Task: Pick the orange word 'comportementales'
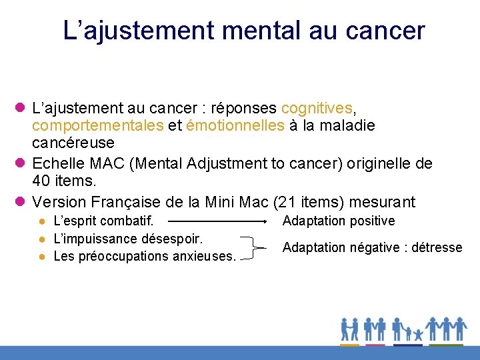(x=97, y=125)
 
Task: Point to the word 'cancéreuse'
(x=73, y=143)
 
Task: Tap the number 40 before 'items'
(x=41, y=181)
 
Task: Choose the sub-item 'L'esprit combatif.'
(x=103, y=221)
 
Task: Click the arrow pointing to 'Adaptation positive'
(x=217, y=221)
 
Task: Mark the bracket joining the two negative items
(x=252, y=247)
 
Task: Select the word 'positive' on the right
(x=371, y=221)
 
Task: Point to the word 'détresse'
(x=437, y=247)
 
